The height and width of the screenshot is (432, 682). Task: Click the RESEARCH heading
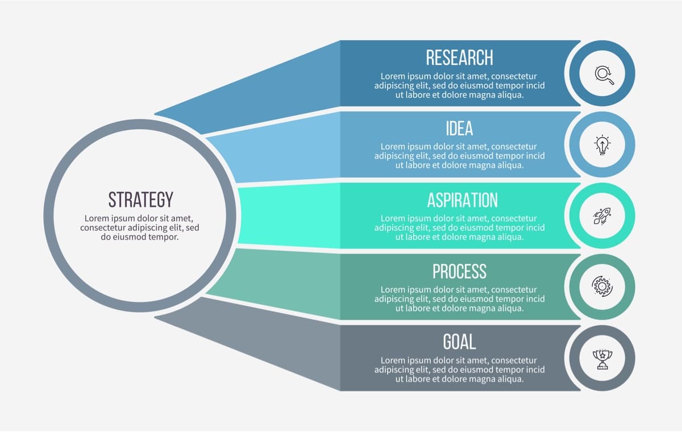(x=459, y=57)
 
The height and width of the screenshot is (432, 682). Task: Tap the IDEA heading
(x=459, y=128)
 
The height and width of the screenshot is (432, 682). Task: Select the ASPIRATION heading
(x=463, y=200)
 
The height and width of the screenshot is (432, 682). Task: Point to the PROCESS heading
(x=459, y=271)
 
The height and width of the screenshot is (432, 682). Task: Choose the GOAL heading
(x=459, y=342)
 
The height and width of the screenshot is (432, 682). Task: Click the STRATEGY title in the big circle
(x=141, y=200)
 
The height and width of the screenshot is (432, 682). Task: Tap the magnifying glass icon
(x=604, y=75)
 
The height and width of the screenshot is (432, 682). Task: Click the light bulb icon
(x=602, y=144)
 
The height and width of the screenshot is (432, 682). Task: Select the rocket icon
(x=602, y=216)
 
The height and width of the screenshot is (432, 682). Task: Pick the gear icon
(x=602, y=286)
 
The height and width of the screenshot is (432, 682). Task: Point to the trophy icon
(x=602, y=359)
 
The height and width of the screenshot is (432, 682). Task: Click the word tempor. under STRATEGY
(x=164, y=237)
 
